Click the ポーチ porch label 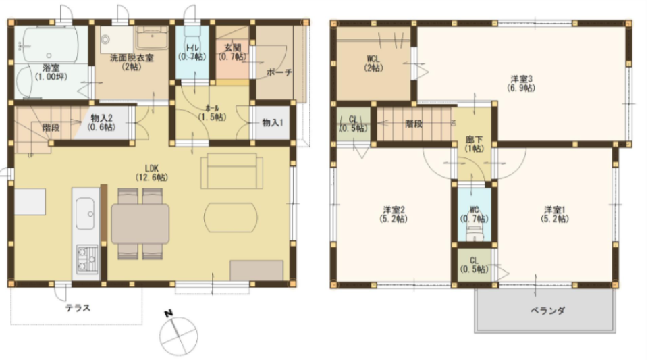coord(279,72)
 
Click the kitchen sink coord(86,214)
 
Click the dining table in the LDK coord(140,224)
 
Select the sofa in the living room coord(232,170)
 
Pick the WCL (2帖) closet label coord(373,63)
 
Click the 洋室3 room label coord(522,82)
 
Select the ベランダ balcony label coord(547,311)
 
